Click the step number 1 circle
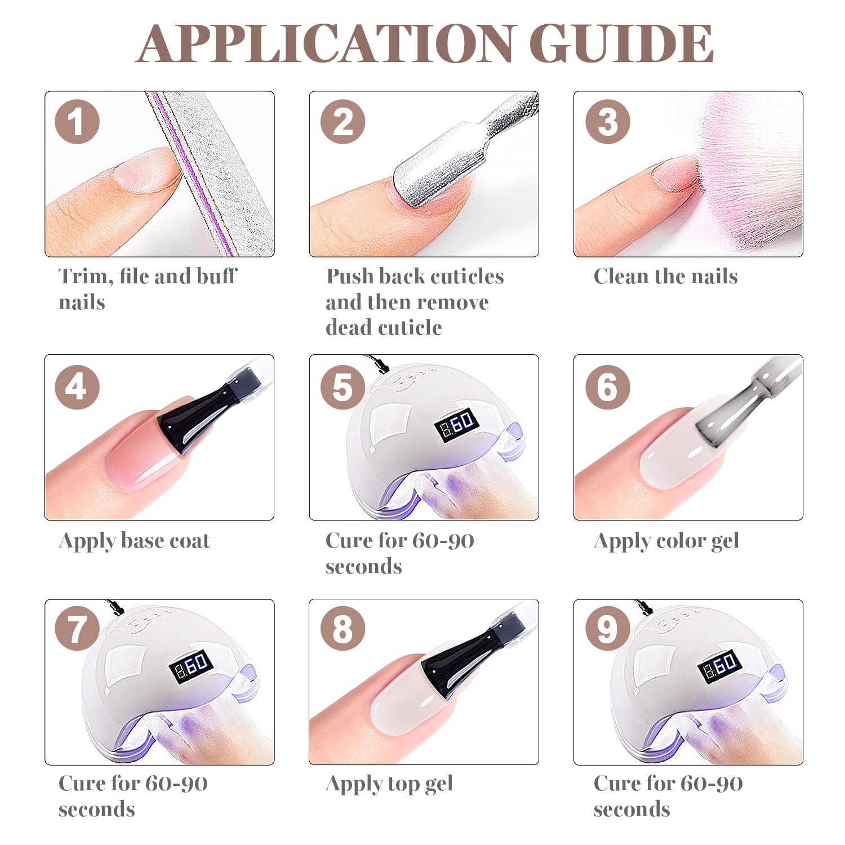click(77, 122)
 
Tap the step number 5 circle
click(343, 387)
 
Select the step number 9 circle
click(607, 629)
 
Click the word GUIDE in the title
click(621, 43)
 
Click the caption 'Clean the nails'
click(665, 276)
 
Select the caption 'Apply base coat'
click(134, 541)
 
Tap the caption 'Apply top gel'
click(389, 784)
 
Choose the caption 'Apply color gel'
click(666, 541)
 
